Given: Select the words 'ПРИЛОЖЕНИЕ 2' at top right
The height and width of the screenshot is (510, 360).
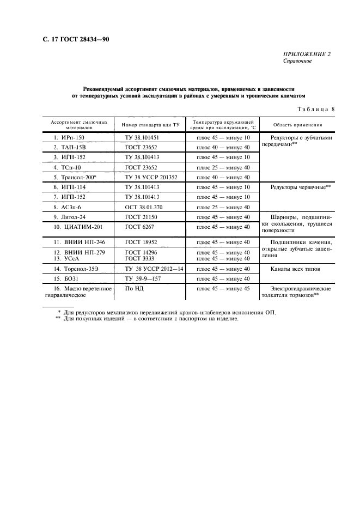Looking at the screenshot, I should pos(307,54).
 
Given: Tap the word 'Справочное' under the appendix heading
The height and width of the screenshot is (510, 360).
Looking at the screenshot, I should pos(297,61).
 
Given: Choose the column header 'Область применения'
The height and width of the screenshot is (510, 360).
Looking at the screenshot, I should pos(297,125).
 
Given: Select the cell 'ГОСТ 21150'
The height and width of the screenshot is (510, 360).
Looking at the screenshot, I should pos(139,217).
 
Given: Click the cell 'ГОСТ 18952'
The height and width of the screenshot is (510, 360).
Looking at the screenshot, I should pos(139,241).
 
